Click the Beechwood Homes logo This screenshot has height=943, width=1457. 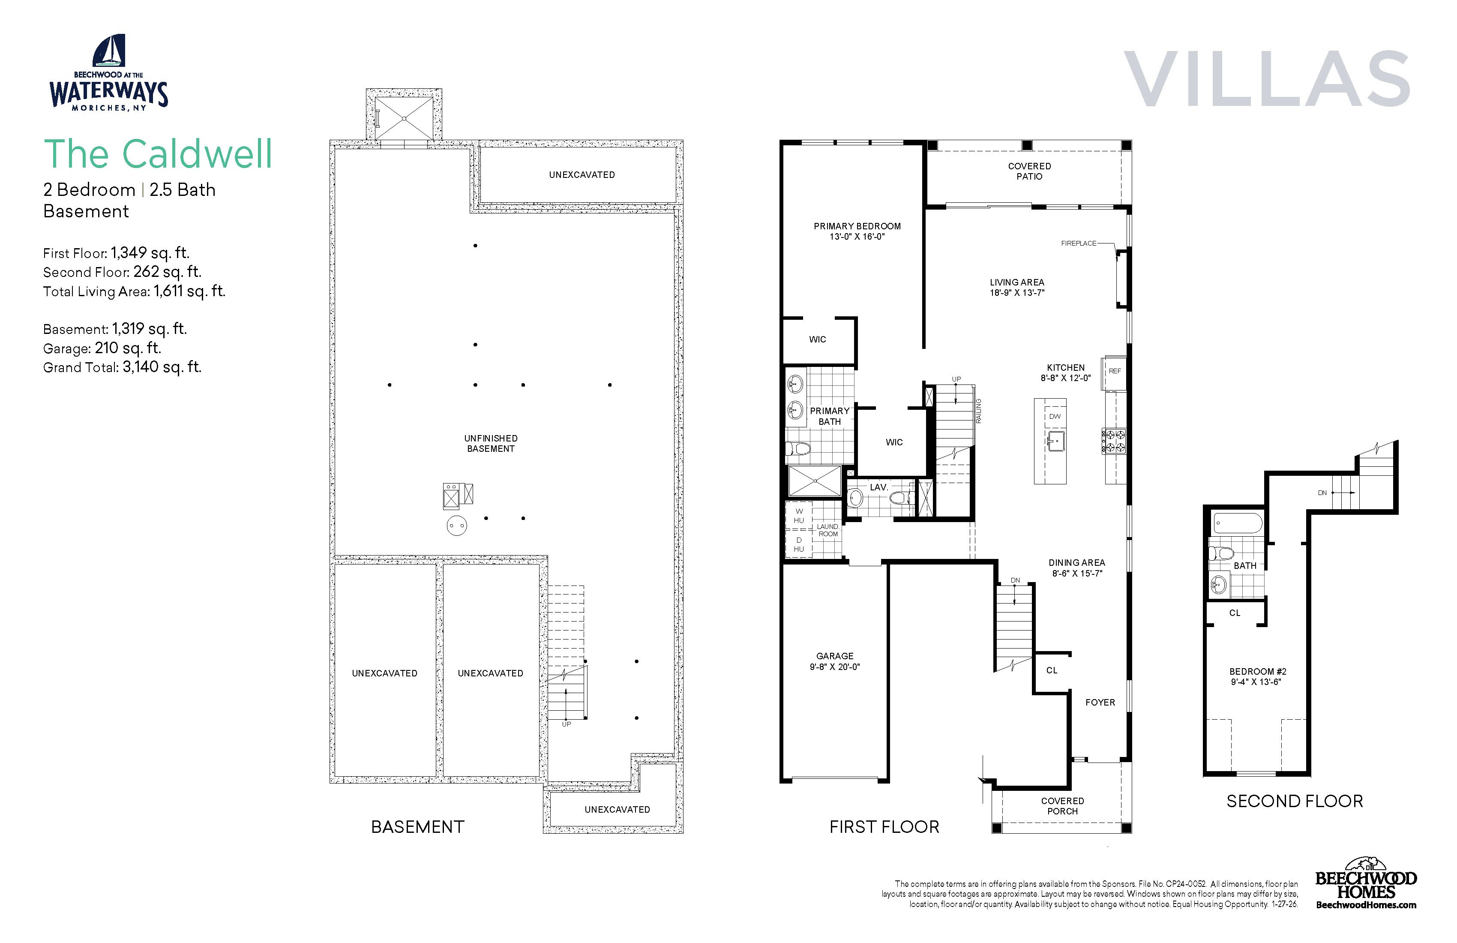pyautogui.click(x=1366, y=883)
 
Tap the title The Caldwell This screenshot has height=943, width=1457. pyautogui.click(x=158, y=154)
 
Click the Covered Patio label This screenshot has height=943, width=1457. pyautogui.click(x=1030, y=171)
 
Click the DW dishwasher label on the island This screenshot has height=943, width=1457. pyautogui.click(x=1055, y=416)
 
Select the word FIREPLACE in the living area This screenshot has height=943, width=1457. pyautogui.click(x=1079, y=243)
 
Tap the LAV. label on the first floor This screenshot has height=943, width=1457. pyautogui.click(x=879, y=487)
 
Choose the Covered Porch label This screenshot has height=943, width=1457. pyautogui.click(x=1063, y=806)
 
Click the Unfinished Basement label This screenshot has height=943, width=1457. pyautogui.click(x=491, y=443)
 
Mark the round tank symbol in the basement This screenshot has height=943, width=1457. pyautogui.click(x=457, y=526)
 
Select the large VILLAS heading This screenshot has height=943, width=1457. pyautogui.click(x=1267, y=78)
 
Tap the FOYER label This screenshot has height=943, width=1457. pyautogui.click(x=1100, y=703)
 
